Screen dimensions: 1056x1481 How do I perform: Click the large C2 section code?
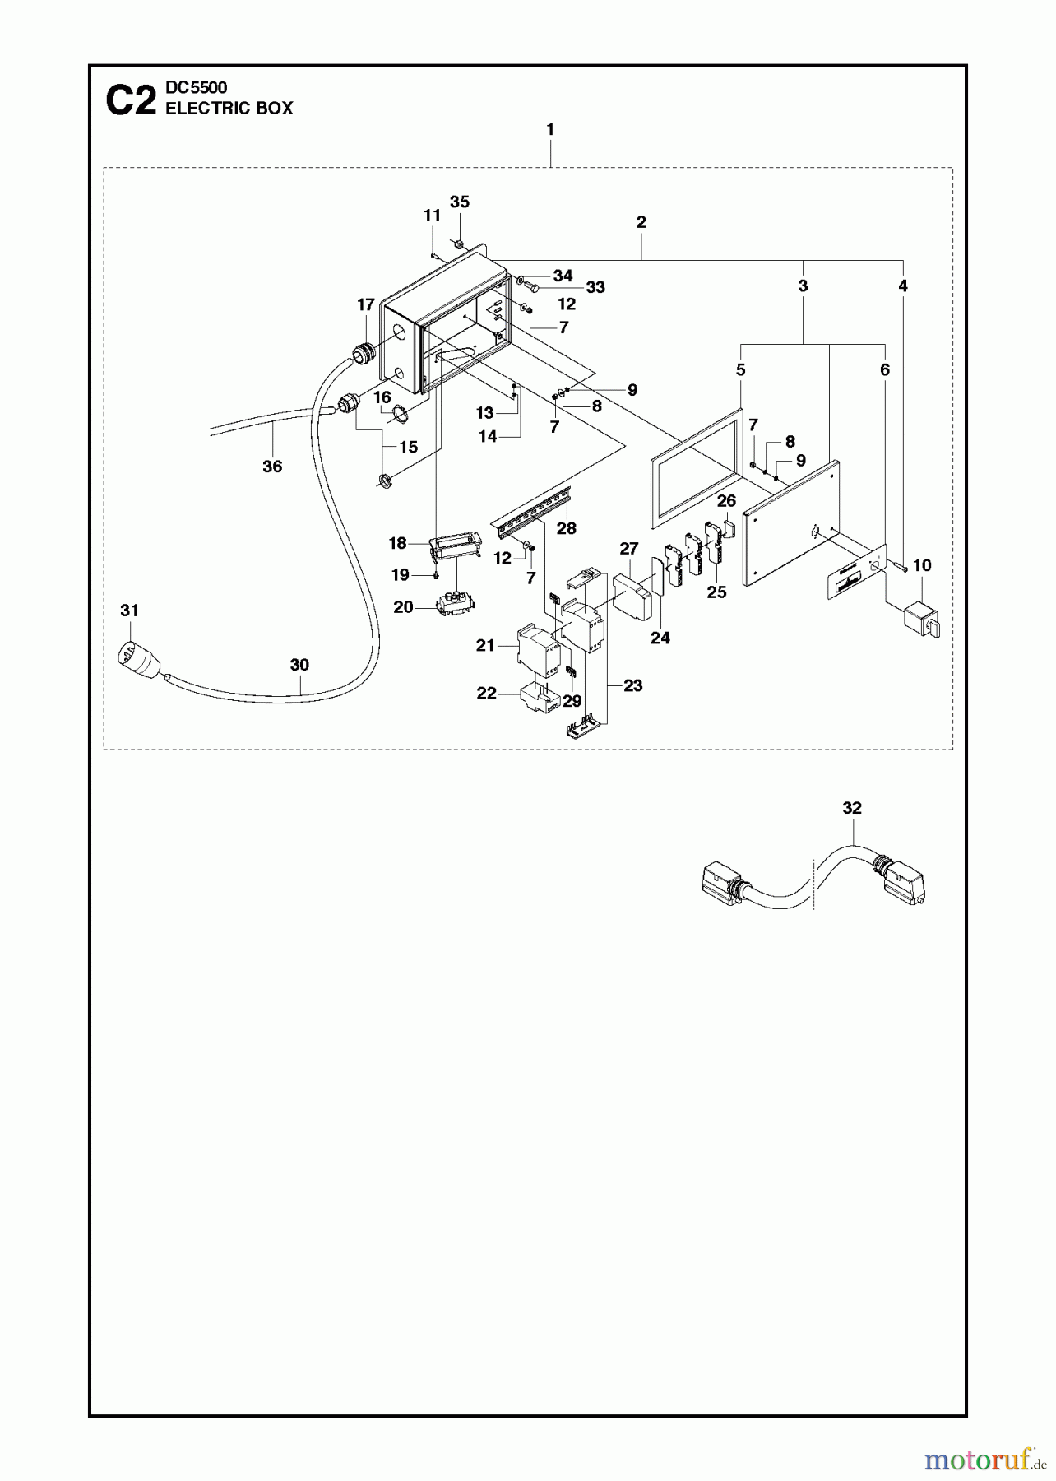pyautogui.click(x=131, y=101)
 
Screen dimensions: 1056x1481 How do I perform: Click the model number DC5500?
pyautogui.click(x=197, y=87)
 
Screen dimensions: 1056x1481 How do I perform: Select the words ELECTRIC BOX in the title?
pyautogui.click(x=229, y=109)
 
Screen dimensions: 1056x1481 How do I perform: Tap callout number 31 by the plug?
pyautogui.click(x=129, y=611)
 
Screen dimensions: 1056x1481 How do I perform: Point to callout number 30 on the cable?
pyautogui.click(x=299, y=665)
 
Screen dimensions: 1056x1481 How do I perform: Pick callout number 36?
pyautogui.click(x=272, y=467)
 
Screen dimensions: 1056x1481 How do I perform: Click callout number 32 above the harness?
pyautogui.click(x=852, y=808)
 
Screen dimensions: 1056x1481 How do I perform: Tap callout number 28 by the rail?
pyautogui.click(x=567, y=528)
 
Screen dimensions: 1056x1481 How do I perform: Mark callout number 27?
pyautogui.click(x=629, y=549)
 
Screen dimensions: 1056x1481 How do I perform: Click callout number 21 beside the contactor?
pyautogui.click(x=484, y=646)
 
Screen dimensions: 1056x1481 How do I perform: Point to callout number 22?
pyautogui.click(x=487, y=694)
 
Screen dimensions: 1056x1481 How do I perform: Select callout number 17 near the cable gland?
pyautogui.click(x=366, y=305)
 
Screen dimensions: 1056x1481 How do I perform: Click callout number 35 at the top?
pyautogui.click(x=460, y=202)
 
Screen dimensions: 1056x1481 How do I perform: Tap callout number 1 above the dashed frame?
pyautogui.click(x=550, y=129)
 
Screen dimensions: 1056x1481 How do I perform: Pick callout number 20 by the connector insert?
pyautogui.click(x=403, y=607)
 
